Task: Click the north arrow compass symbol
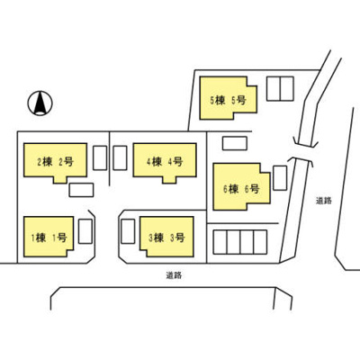point(40,103)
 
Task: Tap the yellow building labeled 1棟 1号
point(49,237)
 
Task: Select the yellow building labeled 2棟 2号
point(56,162)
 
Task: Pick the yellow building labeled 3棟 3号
point(166,237)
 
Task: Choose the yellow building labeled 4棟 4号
point(165,162)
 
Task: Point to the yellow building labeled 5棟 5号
point(228,98)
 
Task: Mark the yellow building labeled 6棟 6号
point(241,186)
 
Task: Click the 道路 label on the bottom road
point(174,275)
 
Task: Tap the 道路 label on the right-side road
point(324,201)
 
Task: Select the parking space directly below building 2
point(81,190)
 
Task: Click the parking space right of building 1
point(85,231)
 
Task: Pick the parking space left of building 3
point(128,231)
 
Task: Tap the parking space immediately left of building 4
point(120,157)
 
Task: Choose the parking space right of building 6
point(280,178)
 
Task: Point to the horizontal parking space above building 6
point(235,143)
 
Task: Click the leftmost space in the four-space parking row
point(220,242)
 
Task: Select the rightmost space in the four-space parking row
point(260,242)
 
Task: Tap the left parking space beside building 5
point(274,88)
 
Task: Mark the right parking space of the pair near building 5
point(287,88)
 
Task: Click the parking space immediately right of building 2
point(100,157)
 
